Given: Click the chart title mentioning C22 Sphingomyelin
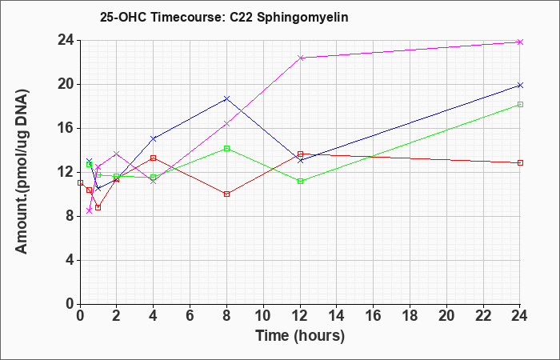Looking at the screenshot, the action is pos(224,17).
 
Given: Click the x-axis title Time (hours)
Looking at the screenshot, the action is pos(300,336).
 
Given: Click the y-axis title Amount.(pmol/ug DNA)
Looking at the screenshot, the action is pos(22,172).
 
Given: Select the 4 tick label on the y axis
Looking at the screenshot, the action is pos(70,260).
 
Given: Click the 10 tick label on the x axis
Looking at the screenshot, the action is pos(263,316).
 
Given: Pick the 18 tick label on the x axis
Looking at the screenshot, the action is pos(410,316).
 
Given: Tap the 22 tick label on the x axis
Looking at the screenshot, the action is pos(483,316).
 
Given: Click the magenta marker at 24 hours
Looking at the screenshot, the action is pos(520,42).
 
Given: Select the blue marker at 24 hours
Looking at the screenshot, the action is pos(520,85).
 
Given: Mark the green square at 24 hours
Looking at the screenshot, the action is pos(520,104).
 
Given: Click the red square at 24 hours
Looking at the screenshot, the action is pos(520,163).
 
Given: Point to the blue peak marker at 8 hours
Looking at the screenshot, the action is pos(226,98).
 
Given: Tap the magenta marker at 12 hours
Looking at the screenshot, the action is pos(300,58).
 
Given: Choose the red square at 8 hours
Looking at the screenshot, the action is pos(226,194).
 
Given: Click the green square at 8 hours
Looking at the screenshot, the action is pos(226,148).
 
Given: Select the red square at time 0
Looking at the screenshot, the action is pos(80,182).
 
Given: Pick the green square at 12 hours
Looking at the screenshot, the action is pos(300,181).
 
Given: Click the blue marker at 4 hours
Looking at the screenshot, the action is pos(154,138).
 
